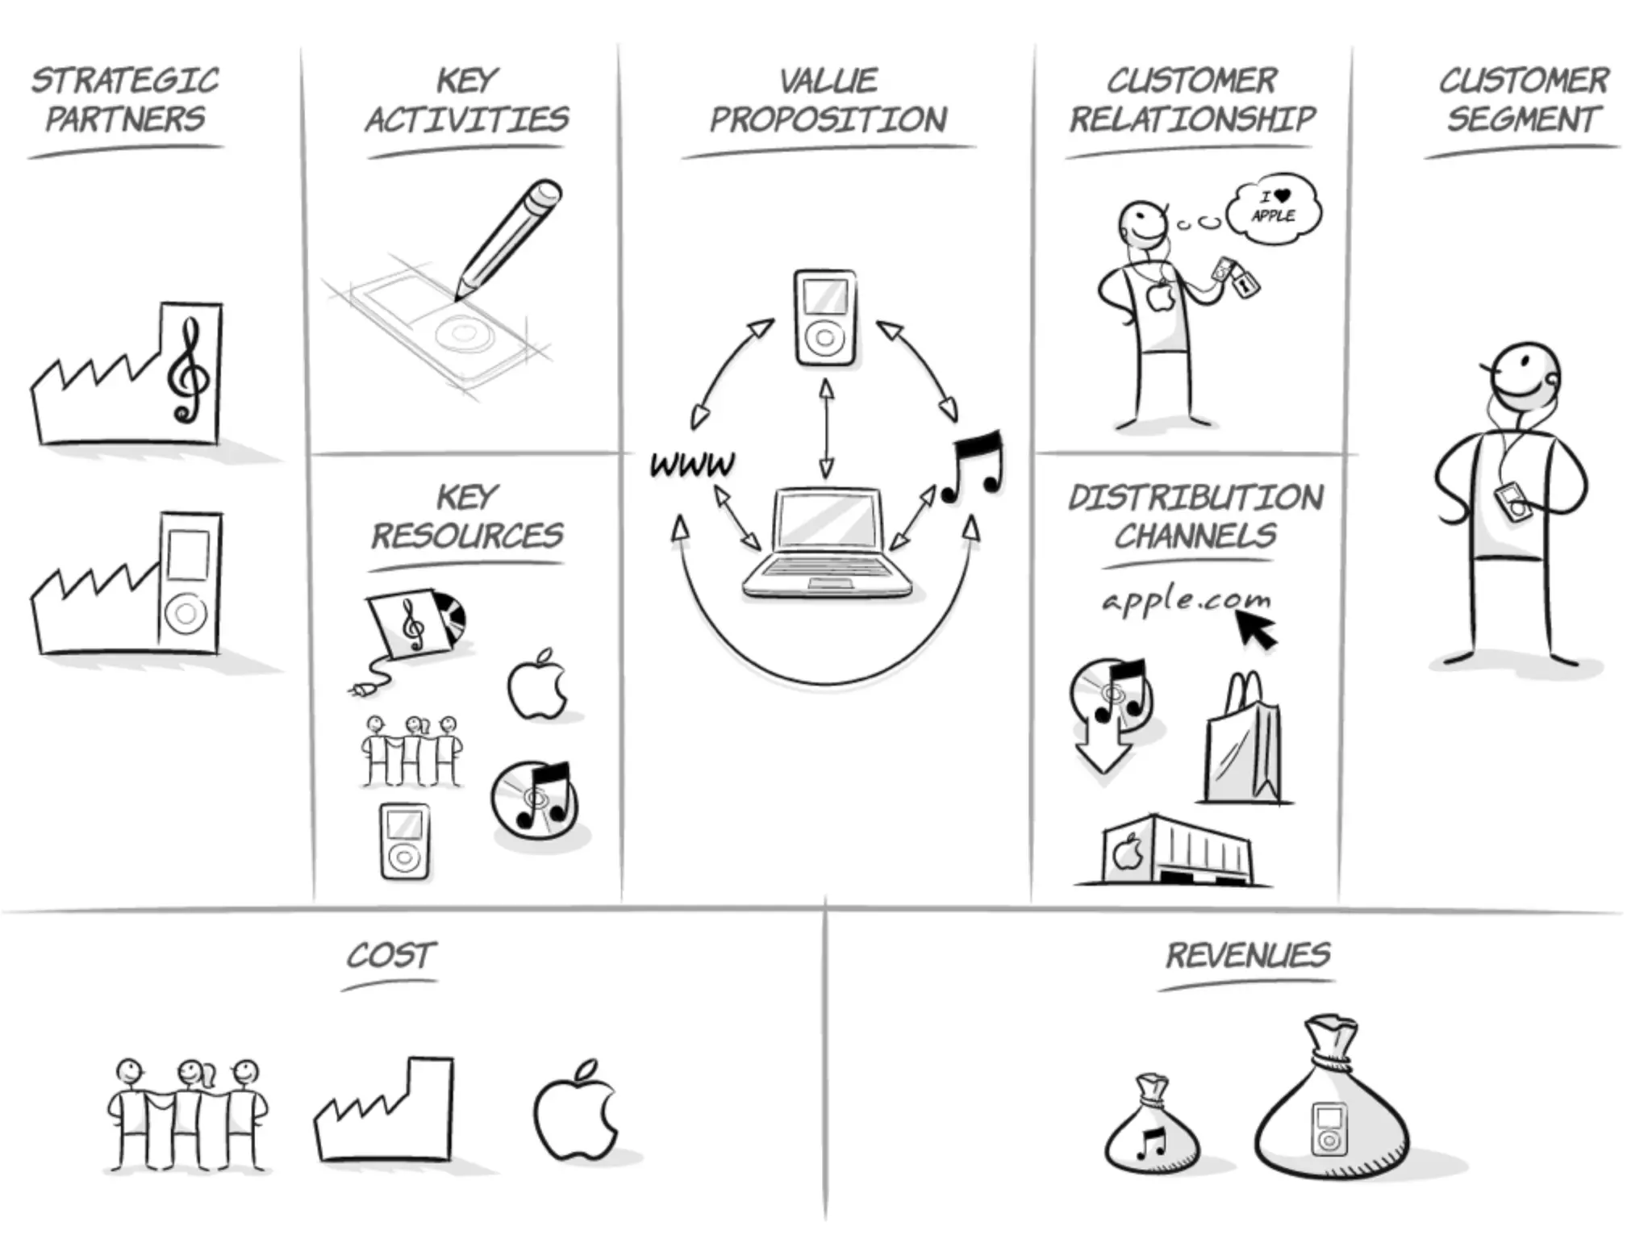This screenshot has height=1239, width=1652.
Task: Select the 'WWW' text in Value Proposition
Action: click(x=693, y=465)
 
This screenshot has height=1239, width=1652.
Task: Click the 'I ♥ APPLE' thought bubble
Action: click(x=1274, y=206)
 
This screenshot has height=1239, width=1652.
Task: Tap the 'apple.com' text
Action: click(x=1186, y=600)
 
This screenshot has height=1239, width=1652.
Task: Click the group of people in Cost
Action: click(x=186, y=1114)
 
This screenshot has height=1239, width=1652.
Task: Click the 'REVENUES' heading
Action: click(x=1247, y=956)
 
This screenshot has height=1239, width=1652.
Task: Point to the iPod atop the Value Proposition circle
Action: click(x=824, y=318)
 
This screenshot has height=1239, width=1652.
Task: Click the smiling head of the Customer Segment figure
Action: click(x=1524, y=378)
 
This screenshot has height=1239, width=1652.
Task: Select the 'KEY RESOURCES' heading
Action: click(x=467, y=516)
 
